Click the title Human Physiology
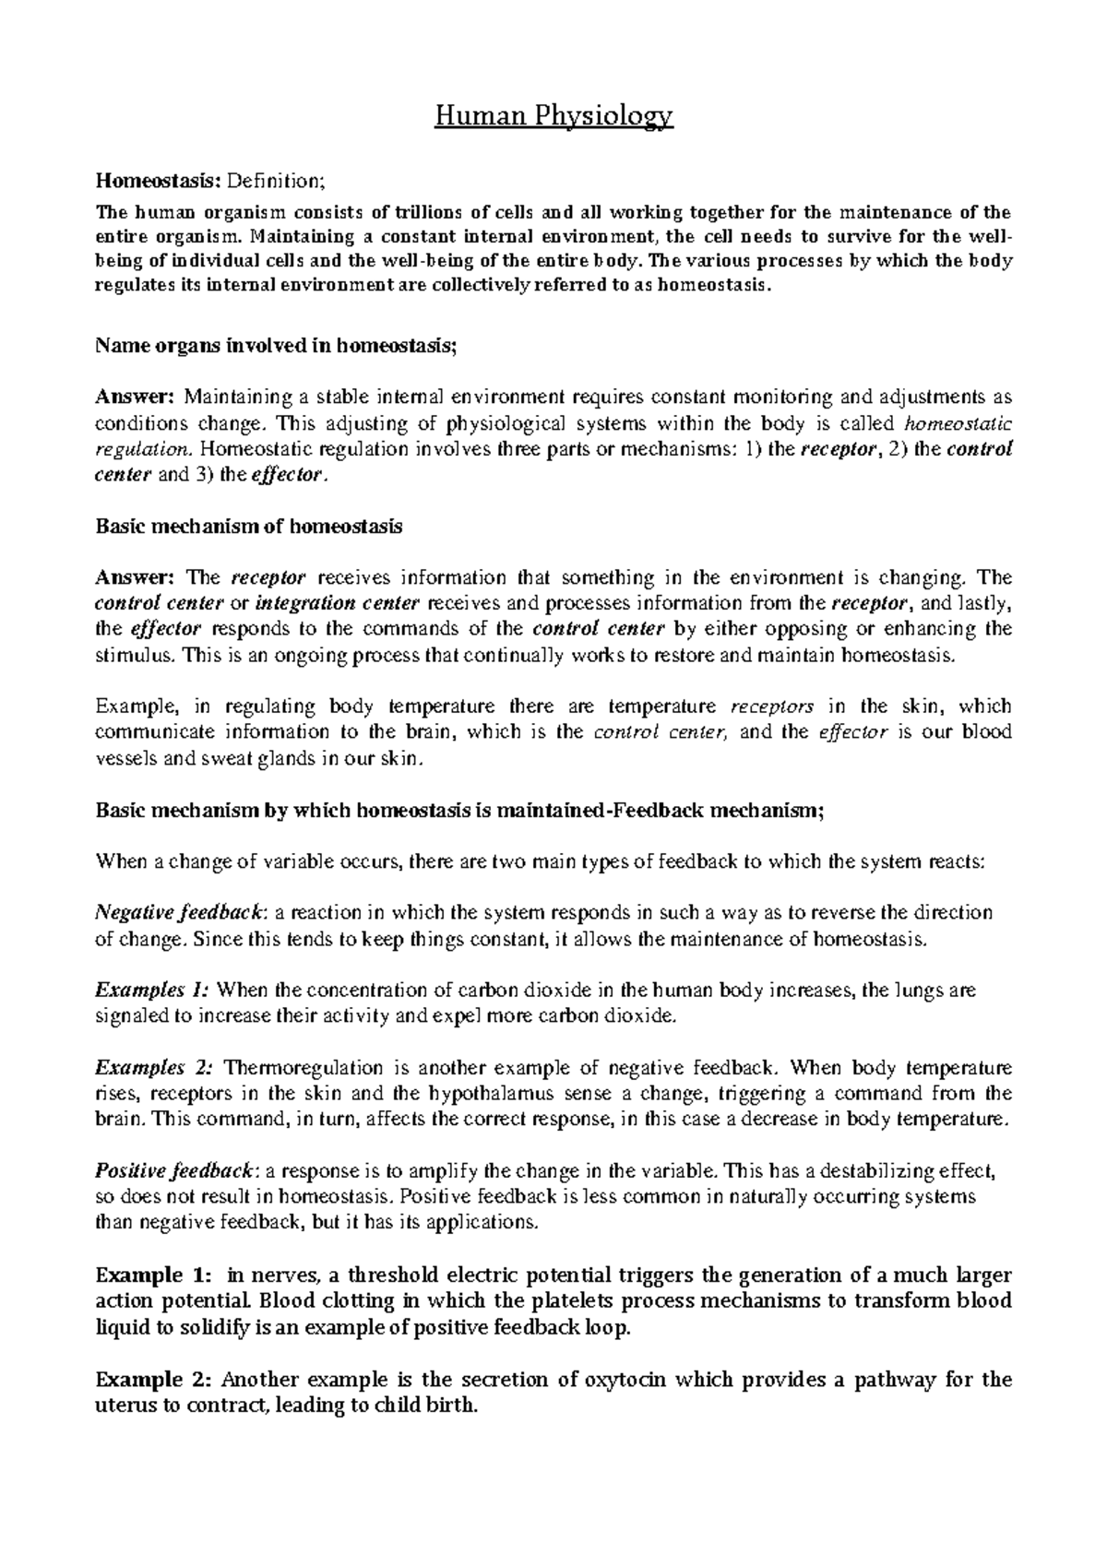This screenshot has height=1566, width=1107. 553,117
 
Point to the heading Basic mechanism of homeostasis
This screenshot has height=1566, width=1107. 249,528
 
